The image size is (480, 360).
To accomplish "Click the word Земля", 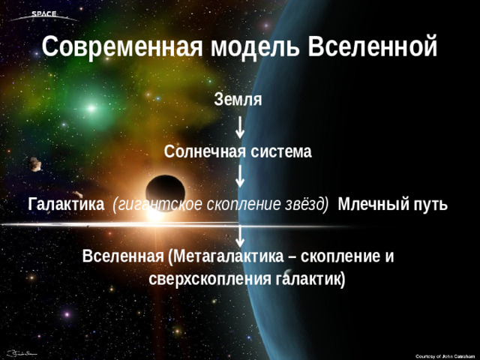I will point(238,99).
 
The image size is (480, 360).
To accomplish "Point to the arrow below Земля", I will point(238,125).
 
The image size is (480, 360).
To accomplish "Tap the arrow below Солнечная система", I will point(238,177).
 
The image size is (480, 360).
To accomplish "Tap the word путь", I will point(431,205).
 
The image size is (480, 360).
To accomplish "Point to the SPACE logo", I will point(43,14).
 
